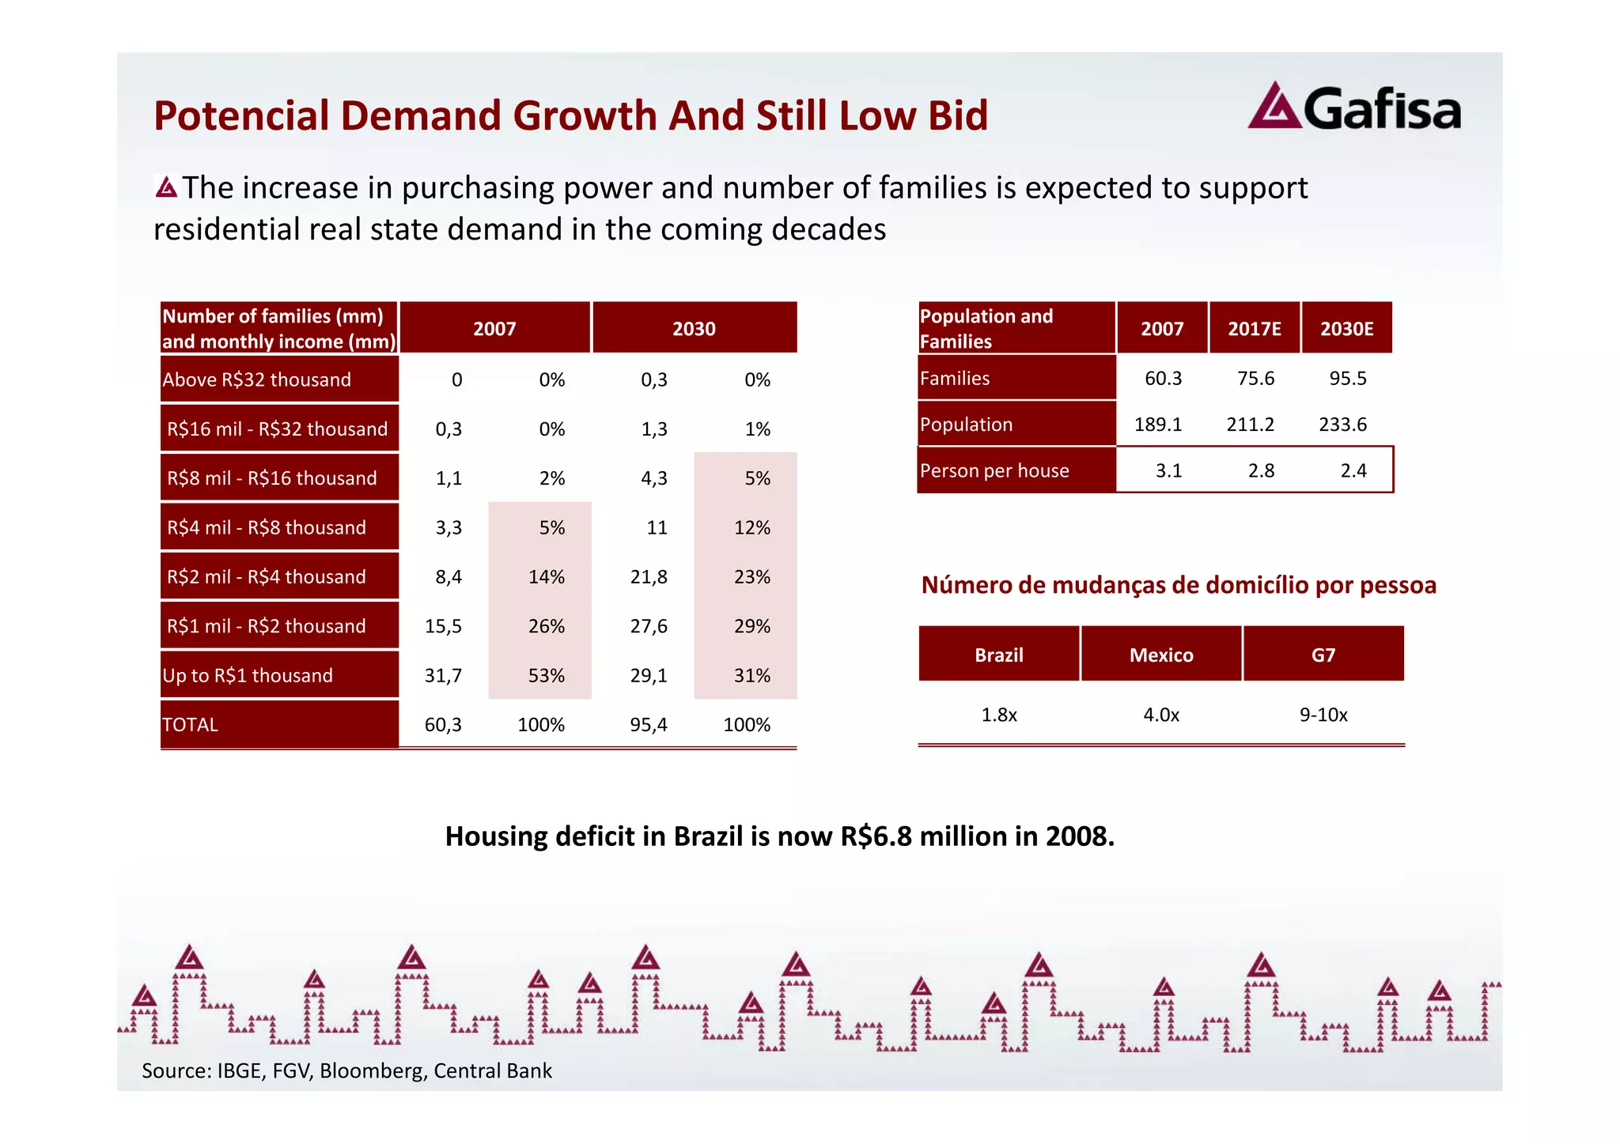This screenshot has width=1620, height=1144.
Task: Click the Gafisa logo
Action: point(1354,108)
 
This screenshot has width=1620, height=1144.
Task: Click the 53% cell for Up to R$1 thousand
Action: point(546,675)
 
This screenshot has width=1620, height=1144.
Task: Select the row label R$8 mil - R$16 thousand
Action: point(271,478)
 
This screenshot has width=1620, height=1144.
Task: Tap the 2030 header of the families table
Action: point(694,329)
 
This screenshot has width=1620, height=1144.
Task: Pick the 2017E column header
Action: point(1254,329)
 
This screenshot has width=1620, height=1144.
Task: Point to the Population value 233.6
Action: point(1342,425)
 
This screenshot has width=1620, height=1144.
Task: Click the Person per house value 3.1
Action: point(1168,471)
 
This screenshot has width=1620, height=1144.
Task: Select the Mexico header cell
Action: point(1160,655)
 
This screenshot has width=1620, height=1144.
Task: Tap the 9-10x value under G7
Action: point(1323,715)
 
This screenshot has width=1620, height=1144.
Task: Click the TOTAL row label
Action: point(190,725)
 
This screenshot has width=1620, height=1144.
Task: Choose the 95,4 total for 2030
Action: point(648,725)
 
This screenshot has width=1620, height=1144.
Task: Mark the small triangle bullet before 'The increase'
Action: point(166,187)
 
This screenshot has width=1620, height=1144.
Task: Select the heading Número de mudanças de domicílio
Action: point(1178,585)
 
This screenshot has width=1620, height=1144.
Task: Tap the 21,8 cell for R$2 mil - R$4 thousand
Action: point(648,577)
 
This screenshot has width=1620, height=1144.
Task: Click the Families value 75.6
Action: point(1255,379)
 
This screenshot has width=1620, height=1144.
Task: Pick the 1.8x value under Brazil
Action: point(998,715)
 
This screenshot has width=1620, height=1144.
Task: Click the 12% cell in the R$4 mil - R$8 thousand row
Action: point(751,527)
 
